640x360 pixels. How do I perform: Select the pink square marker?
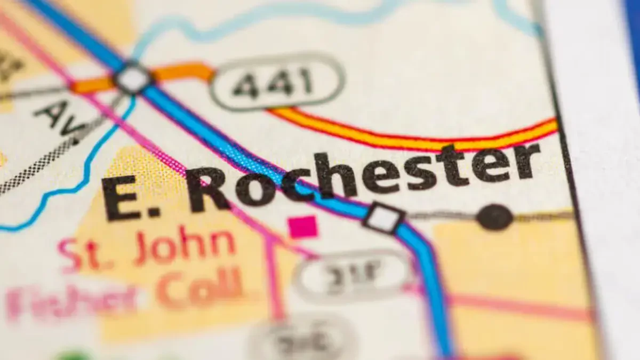click(x=303, y=227)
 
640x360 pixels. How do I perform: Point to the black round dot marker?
click(x=494, y=217)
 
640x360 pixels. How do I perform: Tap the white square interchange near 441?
click(x=132, y=79)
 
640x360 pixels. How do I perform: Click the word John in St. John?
click(x=184, y=248)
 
